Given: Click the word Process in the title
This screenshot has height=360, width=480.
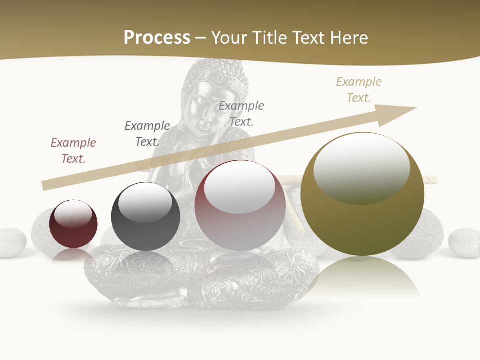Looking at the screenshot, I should click(x=157, y=38).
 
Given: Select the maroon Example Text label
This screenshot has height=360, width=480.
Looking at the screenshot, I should click(x=73, y=150).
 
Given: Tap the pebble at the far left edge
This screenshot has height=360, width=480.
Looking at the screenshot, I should click(x=11, y=242).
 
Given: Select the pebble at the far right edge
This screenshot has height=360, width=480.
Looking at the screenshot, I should click(x=464, y=243).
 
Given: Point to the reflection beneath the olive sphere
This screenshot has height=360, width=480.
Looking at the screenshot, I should click(x=362, y=277).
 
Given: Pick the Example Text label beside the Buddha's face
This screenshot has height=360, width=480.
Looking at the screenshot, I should click(x=241, y=113).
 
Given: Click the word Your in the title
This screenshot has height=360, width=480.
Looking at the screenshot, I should click(x=231, y=38).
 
